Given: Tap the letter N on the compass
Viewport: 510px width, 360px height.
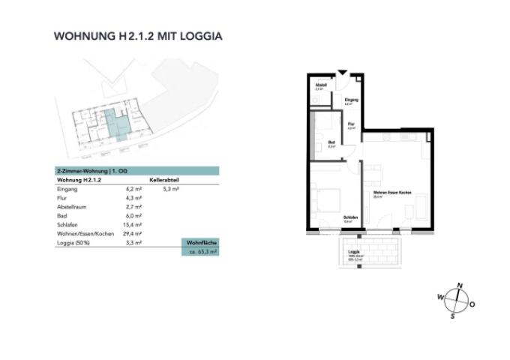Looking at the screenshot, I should (x=460, y=284).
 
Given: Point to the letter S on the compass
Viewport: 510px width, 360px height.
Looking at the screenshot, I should (x=452, y=316).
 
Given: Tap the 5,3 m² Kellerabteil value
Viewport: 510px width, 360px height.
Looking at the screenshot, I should (x=171, y=190).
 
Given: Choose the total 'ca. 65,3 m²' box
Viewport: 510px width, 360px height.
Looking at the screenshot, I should (x=202, y=253).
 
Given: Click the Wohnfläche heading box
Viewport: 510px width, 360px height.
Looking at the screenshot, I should (x=202, y=243).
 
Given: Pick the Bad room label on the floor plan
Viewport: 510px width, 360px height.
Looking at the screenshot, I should (x=331, y=142).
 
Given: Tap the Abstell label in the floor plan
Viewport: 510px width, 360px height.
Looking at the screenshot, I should (x=321, y=85).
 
